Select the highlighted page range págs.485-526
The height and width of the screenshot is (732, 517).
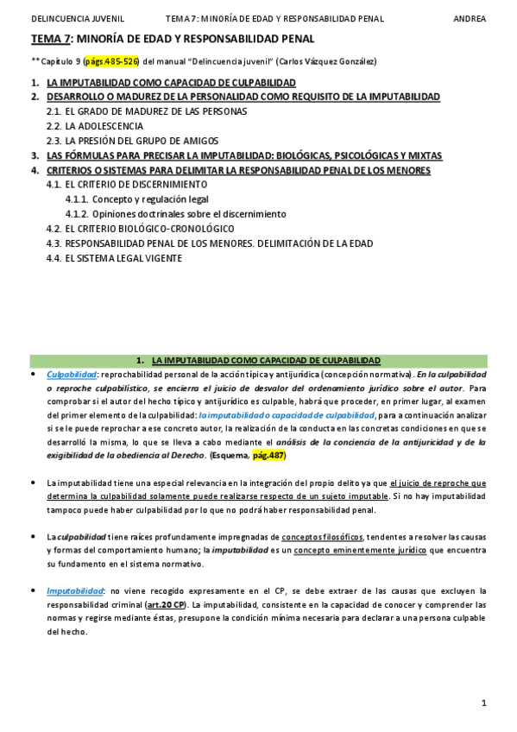pos(111,62)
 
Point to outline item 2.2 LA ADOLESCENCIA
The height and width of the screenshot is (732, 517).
pos(97,126)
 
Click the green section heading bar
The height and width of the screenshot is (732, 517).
pos(258,360)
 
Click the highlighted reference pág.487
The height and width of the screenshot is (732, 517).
pos(268,455)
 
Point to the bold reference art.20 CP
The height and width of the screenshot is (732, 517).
pos(165,604)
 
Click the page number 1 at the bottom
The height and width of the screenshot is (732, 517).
pos(484,704)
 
